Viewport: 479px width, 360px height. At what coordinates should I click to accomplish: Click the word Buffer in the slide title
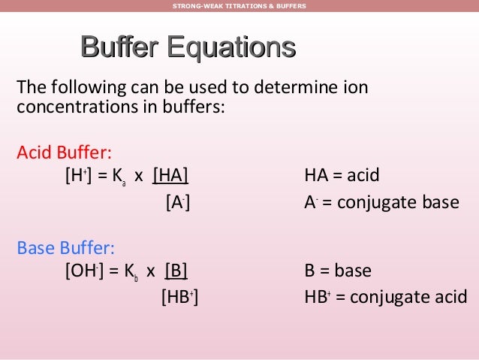(119, 49)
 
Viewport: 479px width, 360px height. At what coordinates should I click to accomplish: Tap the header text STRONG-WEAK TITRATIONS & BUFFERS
(239, 6)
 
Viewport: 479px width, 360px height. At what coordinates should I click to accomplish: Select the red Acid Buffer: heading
(65, 153)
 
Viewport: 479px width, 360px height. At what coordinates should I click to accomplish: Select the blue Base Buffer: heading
(66, 248)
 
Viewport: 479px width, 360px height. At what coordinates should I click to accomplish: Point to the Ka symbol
(118, 177)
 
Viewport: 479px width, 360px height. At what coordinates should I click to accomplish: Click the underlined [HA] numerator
(170, 177)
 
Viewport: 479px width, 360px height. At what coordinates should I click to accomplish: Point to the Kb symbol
(131, 272)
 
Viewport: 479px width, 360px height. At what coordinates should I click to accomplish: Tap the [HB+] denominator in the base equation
(180, 297)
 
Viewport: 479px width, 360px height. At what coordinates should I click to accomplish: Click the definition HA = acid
(342, 177)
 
